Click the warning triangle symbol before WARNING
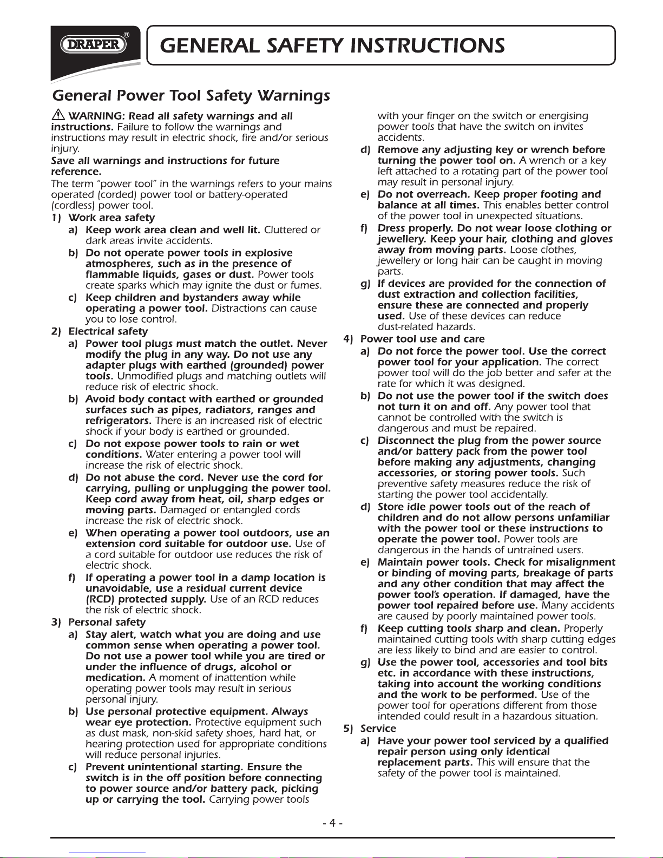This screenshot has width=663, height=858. tap(58, 115)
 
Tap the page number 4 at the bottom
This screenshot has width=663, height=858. tap(333, 823)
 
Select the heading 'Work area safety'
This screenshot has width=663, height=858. tap(111, 218)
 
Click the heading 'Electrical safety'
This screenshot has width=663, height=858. tap(108, 331)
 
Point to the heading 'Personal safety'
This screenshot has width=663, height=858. tap(107, 622)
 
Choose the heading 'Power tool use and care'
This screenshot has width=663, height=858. tap(422, 339)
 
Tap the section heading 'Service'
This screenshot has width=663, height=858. tap(378, 728)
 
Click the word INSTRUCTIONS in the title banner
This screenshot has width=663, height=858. tap(428, 45)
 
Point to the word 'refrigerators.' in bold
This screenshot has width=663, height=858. tap(119, 421)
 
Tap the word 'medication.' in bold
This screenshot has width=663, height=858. tap(115, 678)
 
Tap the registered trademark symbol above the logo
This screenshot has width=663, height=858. tap(126, 34)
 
